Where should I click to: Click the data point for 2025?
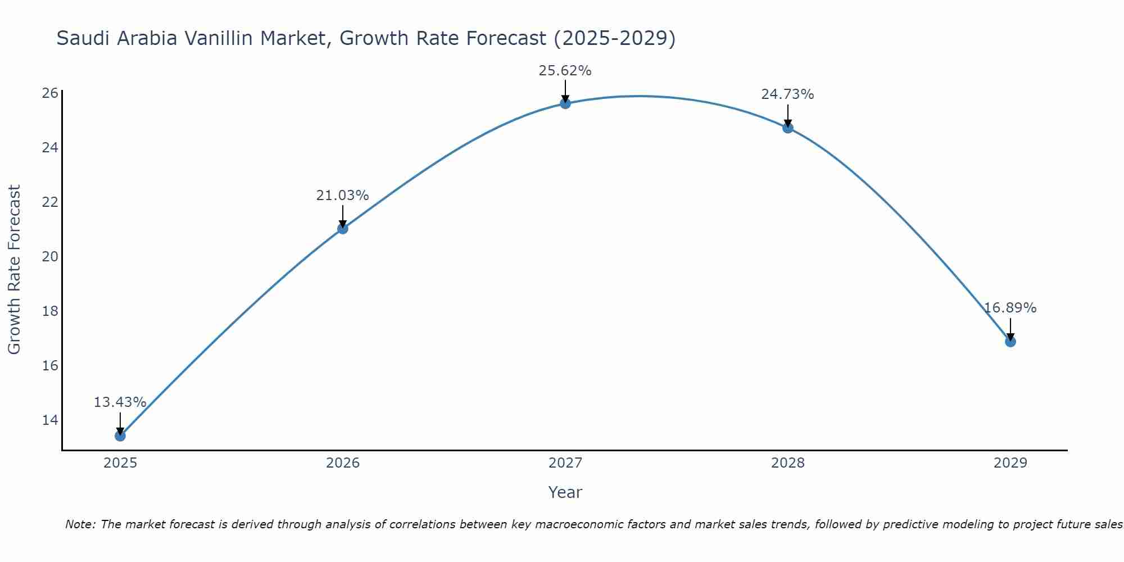click(x=120, y=436)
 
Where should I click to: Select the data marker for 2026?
click(x=343, y=229)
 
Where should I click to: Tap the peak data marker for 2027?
click(x=565, y=103)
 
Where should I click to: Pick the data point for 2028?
click(x=788, y=128)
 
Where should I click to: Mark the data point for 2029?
click(x=1010, y=342)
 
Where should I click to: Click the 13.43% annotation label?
click(x=120, y=402)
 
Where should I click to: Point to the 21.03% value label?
click(x=342, y=196)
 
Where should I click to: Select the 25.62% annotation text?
click(x=565, y=71)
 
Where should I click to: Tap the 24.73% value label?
click(x=787, y=94)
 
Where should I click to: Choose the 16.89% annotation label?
click(x=1010, y=308)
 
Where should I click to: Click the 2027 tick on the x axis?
click(x=565, y=463)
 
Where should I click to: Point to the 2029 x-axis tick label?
click(x=1010, y=463)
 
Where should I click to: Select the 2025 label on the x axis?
click(x=120, y=463)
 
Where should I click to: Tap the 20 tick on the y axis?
click(x=50, y=257)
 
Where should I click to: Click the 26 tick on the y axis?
click(x=50, y=93)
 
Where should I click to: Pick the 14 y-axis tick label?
click(x=50, y=420)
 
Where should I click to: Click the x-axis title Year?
click(x=565, y=492)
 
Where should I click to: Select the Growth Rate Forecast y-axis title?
click(x=15, y=270)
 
